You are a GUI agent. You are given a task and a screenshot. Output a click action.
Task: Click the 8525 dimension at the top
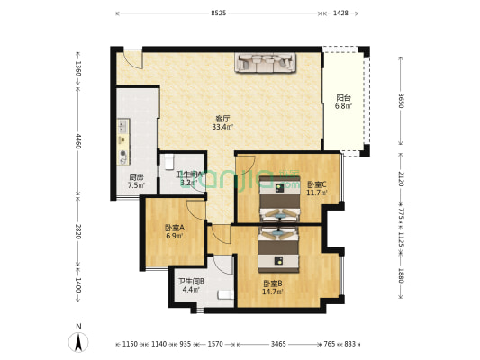[218, 13]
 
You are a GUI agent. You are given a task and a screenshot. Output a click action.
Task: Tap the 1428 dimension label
[340, 13]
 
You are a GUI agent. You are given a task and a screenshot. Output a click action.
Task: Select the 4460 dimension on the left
[77, 141]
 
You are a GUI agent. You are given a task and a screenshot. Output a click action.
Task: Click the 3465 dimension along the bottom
[278, 344]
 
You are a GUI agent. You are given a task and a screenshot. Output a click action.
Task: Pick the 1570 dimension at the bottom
[215, 344]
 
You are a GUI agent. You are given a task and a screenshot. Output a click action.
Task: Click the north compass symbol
[78, 339]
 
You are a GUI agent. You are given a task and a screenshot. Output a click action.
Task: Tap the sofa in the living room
[265, 63]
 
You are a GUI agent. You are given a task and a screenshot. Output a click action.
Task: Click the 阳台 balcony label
[343, 98]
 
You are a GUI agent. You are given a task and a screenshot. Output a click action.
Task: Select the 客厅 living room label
[222, 119]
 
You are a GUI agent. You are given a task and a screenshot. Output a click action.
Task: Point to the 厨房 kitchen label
[136, 177]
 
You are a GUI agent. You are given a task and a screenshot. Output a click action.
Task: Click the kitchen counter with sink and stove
[123, 141]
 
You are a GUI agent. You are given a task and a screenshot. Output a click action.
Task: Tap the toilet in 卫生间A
[169, 161]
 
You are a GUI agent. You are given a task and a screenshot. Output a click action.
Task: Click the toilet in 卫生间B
[226, 295]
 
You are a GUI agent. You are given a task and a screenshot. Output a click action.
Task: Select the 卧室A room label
[174, 228]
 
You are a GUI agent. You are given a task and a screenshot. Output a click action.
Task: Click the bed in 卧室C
[279, 199]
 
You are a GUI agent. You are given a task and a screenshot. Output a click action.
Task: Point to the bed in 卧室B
[278, 250]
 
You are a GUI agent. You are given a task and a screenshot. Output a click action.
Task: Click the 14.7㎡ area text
[272, 292]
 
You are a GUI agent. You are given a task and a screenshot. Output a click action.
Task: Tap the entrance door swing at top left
[133, 59]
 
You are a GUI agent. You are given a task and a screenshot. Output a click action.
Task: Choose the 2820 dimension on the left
[77, 231]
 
